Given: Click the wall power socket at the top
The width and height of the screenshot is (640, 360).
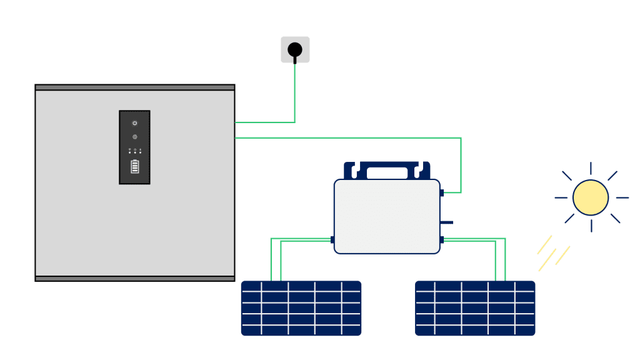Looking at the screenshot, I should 295,49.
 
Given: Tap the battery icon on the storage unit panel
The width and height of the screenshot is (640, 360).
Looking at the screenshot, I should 134,167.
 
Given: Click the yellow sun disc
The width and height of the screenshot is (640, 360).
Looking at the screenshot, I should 590,197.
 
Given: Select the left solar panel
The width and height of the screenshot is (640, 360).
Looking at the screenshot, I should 301,308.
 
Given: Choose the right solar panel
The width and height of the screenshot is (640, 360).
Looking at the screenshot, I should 475,308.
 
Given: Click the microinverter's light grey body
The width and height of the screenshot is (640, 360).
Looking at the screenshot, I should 387,216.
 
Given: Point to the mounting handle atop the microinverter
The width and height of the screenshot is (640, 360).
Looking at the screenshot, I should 387,169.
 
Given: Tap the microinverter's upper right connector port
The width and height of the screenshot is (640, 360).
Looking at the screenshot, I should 442,192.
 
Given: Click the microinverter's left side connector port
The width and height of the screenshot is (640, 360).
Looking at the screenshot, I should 332,239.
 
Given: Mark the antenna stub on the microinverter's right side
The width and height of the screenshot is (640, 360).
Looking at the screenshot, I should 446,222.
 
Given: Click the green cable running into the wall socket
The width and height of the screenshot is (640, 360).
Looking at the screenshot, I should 294,94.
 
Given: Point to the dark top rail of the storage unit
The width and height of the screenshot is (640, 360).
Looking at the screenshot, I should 135,87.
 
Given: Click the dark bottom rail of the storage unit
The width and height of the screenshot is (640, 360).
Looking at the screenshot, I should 135,278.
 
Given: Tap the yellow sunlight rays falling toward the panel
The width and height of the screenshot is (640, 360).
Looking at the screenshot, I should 554,252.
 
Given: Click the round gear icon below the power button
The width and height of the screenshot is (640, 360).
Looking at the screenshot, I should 134,137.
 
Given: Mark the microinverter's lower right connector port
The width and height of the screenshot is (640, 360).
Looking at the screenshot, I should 442,239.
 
